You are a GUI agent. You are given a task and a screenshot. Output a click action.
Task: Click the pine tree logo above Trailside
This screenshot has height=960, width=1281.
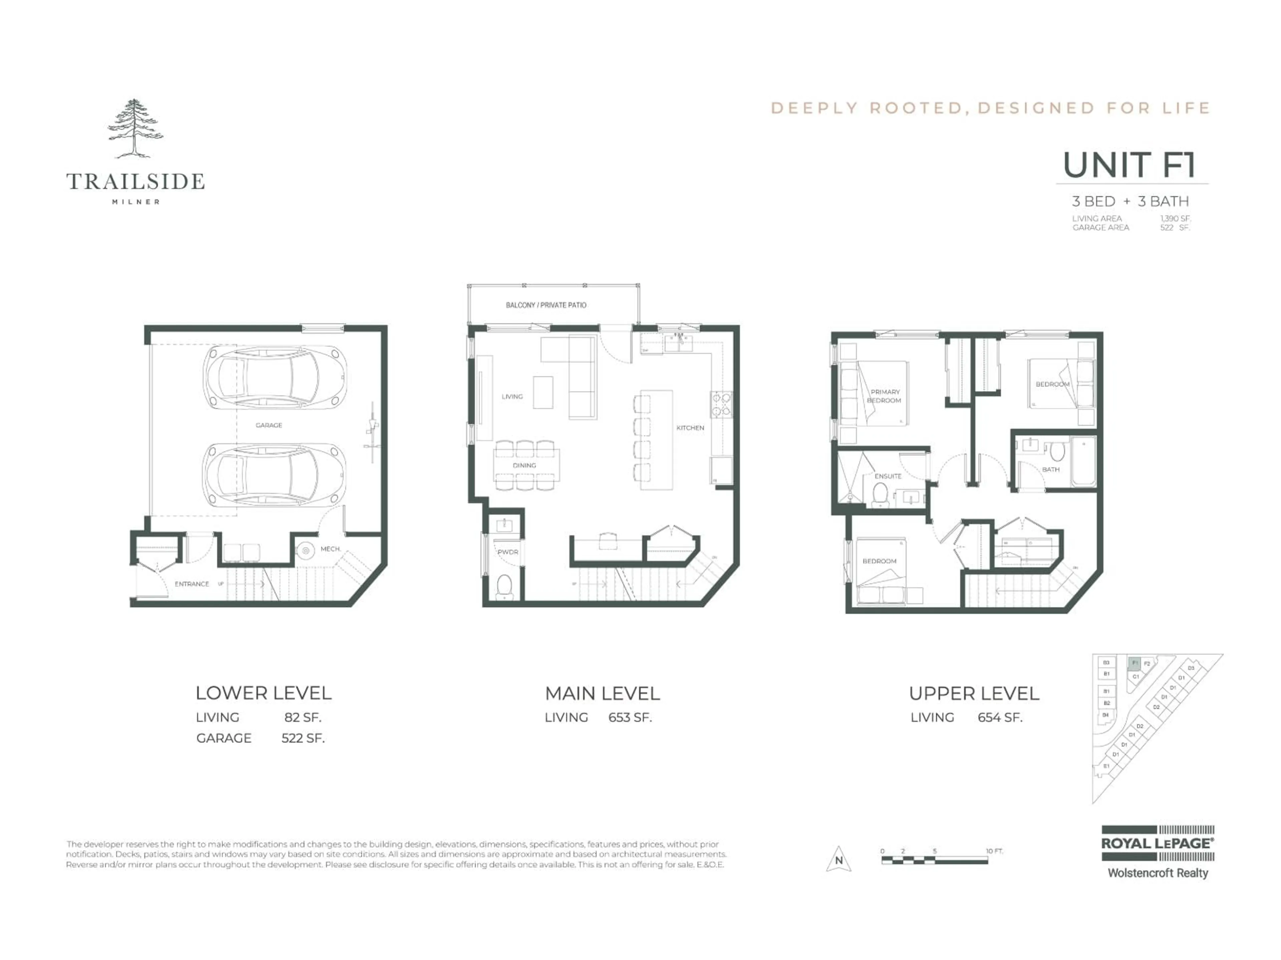coord(135,128)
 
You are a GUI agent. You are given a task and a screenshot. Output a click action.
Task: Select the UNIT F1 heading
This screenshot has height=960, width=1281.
coord(1129,165)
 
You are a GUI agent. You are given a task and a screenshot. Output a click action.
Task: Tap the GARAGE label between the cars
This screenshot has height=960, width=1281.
coord(269,425)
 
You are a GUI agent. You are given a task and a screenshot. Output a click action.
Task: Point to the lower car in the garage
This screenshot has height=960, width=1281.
coord(275,475)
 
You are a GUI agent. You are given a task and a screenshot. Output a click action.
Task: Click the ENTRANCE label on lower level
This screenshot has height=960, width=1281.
coord(192,584)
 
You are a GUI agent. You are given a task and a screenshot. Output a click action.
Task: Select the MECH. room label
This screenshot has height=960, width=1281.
coord(330,549)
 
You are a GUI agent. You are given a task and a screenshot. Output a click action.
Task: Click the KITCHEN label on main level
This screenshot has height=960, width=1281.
coord(690,428)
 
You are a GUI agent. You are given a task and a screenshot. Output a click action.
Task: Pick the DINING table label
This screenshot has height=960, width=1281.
coord(524,465)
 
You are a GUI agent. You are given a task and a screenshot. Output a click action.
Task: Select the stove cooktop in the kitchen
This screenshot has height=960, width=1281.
coord(721,404)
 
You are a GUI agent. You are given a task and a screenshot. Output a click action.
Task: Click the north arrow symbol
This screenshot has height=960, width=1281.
coord(839,859)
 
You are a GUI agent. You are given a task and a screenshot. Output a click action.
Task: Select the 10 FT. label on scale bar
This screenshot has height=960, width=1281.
coord(994,851)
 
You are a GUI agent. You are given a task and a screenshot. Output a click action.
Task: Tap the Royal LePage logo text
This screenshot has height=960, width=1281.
coord(1157,844)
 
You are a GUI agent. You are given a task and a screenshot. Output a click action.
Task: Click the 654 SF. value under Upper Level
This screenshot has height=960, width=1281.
coord(1000,718)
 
